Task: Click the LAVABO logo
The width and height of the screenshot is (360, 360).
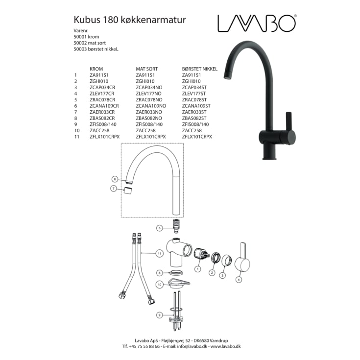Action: click(257, 23)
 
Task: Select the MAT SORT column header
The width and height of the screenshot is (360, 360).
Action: click(148, 70)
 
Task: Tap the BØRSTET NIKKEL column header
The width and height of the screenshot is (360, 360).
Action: click(200, 70)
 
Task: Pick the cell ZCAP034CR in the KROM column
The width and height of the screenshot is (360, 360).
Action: click(102, 87)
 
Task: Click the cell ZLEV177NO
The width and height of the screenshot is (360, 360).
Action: click(149, 93)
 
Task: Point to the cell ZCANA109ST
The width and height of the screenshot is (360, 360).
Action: click(196, 105)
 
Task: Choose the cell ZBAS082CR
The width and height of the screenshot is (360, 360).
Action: click(102, 118)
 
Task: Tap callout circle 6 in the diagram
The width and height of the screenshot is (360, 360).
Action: click(115, 179)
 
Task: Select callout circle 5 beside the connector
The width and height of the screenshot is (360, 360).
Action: click(159, 228)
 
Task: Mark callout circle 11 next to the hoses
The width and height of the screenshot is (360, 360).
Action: click(160, 253)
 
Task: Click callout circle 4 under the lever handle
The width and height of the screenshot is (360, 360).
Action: click(239, 280)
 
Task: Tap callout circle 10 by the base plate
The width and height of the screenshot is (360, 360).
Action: click(159, 284)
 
